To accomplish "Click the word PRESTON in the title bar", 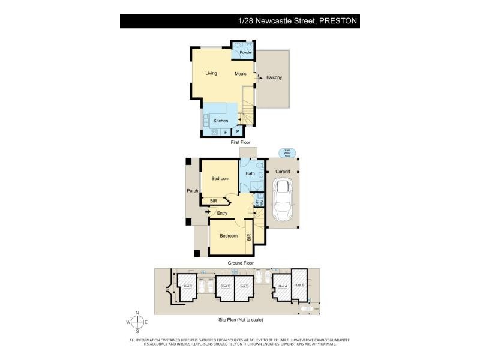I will (x=339, y=21).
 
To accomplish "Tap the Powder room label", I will (x=245, y=53).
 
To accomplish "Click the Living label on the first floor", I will (x=211, y=74).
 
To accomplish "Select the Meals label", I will (x=241, y=74).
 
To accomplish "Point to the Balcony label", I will (x=274, y=77).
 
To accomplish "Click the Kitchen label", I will (x=221, y=121).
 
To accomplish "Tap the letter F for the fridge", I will (x=226, y=132).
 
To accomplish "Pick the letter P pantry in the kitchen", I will (x=238, y=132).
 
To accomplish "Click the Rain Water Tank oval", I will (x=287, y=152).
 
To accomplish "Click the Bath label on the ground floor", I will (x=250, y=174).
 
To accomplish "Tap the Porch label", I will (x=193, y=191).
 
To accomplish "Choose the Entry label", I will (x=222, y=213).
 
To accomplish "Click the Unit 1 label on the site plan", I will (x=186, y=286).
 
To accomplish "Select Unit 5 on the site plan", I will (x=299, y=285).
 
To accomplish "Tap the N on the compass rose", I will (x=137, y=313).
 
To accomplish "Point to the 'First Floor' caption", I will (x=241, y=143).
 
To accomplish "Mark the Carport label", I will (x=283, y=172).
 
